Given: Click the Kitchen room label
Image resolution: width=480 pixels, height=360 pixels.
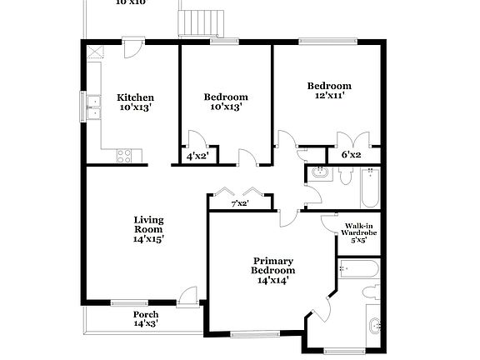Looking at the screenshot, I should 135,97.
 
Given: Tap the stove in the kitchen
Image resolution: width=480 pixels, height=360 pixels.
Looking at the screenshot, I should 124,153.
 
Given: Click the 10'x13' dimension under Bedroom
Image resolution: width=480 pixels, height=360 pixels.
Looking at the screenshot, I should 226,107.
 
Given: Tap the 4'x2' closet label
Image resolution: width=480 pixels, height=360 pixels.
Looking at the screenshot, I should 197,156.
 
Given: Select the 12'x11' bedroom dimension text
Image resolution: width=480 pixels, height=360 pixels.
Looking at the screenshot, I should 328,96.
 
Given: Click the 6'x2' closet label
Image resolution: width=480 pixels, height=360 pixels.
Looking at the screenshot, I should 352,155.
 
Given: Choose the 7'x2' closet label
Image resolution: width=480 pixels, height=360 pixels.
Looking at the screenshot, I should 239,203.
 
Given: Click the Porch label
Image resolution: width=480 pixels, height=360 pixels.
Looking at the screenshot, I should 146,314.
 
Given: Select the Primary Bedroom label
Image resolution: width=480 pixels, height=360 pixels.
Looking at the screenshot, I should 273,266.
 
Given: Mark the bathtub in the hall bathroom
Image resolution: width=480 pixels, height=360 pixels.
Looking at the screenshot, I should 370,187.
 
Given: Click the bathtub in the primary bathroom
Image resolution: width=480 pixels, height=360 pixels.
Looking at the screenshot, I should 359,268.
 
